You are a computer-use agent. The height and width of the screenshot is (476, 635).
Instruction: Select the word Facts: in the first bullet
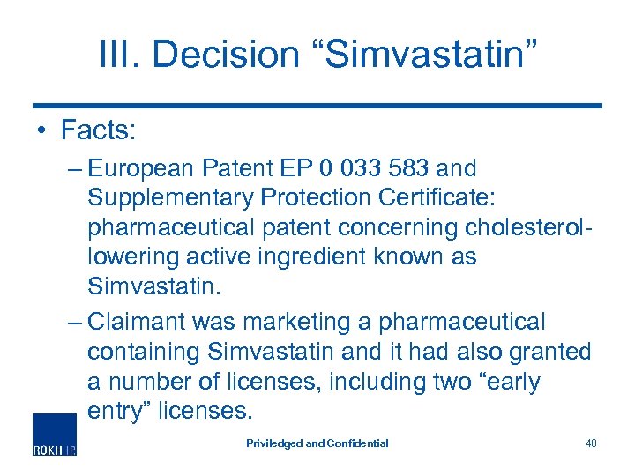click(97, 130)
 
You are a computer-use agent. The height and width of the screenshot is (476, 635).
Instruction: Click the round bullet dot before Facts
click(41, 131)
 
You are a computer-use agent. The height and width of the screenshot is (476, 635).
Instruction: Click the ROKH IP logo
click(55, 435)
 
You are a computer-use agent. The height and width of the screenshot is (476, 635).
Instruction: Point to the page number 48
click(590, 443)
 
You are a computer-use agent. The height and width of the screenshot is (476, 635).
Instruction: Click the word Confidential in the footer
click(358, 443)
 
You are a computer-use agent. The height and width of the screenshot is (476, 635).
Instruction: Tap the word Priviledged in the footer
click(273, 443)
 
